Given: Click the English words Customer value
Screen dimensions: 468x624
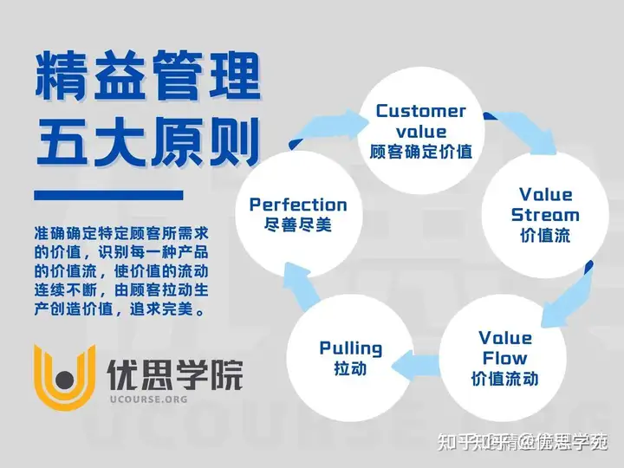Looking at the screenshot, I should coord(421,121).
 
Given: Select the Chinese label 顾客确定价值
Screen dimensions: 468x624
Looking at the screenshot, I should coord(421,151).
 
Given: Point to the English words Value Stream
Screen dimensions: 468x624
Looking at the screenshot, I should coord(546,205).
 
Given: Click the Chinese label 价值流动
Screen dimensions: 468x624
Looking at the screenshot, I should coord(505,379).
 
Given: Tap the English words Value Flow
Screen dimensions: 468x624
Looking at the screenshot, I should coord(505,348).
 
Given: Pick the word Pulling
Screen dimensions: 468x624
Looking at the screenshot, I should coord(351,348).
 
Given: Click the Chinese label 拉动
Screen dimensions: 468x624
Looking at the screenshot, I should coord(351,369).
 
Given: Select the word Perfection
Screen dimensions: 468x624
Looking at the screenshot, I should coord(298,205).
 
